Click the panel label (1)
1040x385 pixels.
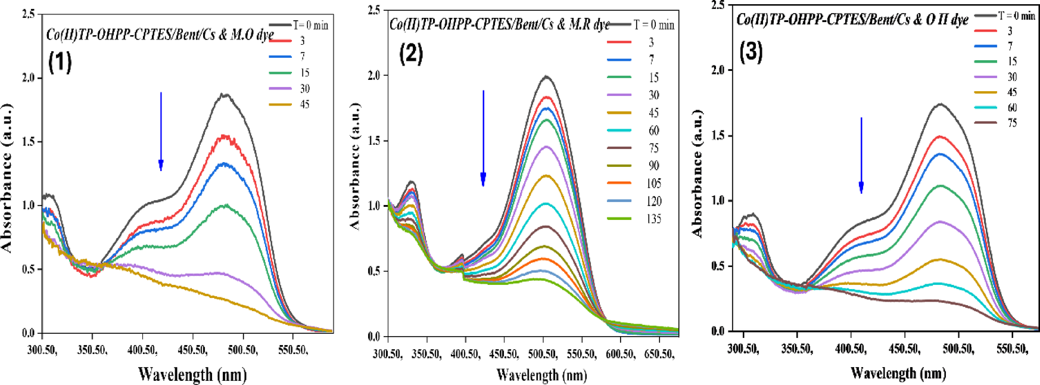[x=60, y=61]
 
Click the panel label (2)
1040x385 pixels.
[x=411, y=54]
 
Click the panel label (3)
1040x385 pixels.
[x=751, y=52]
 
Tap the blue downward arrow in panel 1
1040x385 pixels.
[x=161, y=131]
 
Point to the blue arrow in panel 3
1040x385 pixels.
[x=861, y=155]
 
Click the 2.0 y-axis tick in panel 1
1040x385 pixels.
[x=29, y=78]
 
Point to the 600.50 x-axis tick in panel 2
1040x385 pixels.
[x=619, y=354]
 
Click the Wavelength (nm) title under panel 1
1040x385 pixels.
[x=192, y=374]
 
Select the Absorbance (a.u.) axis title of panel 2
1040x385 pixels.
[x=356, y=166]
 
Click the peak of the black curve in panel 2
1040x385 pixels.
[x=546, y=76]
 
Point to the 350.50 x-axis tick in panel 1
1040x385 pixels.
[x=92, y=350]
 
